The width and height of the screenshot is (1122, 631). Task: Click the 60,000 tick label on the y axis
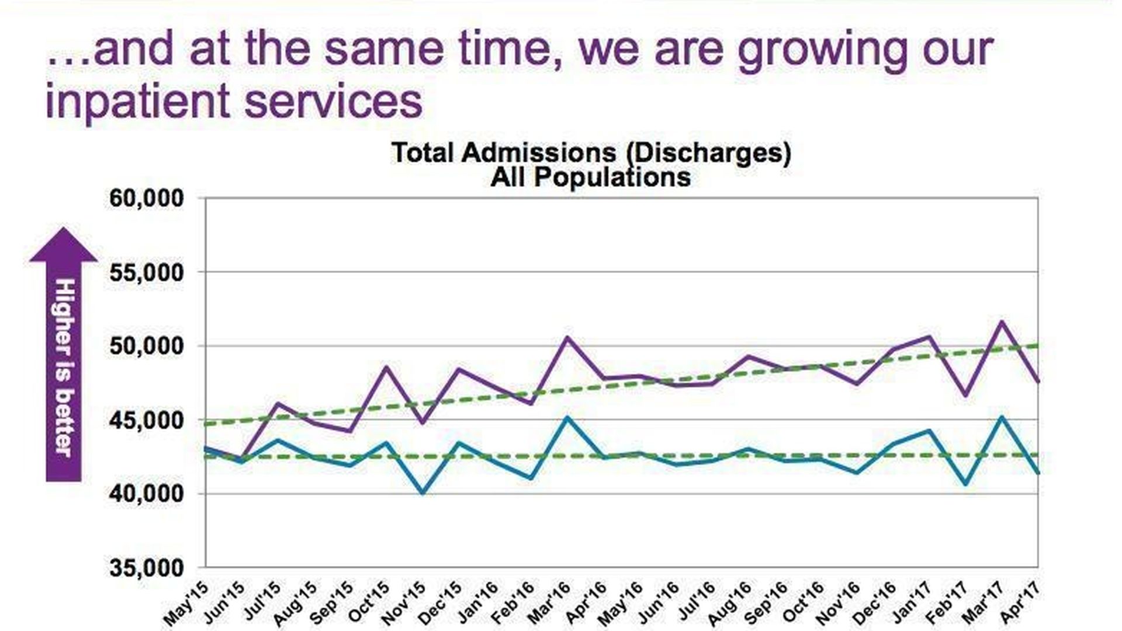(x=146, y=199)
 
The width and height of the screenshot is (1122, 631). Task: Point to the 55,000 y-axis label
(x=146, y=272)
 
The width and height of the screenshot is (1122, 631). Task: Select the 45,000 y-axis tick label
(x=146, y=420)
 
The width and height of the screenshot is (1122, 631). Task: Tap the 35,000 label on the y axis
(x=146, y=568)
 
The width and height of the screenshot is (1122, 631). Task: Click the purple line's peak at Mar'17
(x=1002, y=321)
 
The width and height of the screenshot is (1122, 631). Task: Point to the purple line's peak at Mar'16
(x=567, y=337)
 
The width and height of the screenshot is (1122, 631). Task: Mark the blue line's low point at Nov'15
(x=423, y=493)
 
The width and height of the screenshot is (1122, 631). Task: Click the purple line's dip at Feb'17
(x=965, y=396)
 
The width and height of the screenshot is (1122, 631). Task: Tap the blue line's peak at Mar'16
(x=567, y=417)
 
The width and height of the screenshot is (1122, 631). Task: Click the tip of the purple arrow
(x=63, y=229)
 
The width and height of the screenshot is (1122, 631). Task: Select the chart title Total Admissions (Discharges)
(x=591, y=153)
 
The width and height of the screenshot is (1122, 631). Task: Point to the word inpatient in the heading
(x=137, y=100)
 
